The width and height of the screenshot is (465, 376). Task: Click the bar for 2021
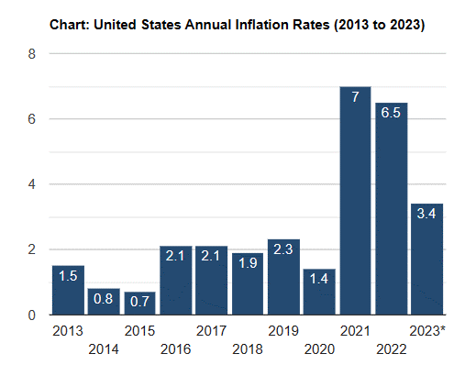pyautogui.click(x=355, y=201)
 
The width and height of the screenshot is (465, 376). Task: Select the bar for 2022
pyautogui.click(x=392, y=209)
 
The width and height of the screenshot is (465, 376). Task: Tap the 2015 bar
pyautogui.click(x=139, y=304)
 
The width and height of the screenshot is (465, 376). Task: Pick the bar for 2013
pyautogui.click(x=68, y=290)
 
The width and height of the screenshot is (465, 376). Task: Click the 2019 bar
pyautogui.click(x=283, y=277)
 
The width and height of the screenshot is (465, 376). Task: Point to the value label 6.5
pyautogui.click(x=391, y=113)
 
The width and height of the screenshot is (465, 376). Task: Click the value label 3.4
pyautogui.click(x=426, y=214)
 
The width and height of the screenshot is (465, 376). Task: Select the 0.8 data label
pyautogui.click(x=104, y=299)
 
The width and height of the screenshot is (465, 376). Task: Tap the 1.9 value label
pyautogui.click(x=248, y=263)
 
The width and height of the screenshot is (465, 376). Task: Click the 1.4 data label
pyautogui.click(x=319, y=279)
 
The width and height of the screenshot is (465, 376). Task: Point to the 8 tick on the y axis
pyautogui.click(x=32, y=54)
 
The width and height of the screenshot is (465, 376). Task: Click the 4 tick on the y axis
pyautogui.click(x=32, y=184)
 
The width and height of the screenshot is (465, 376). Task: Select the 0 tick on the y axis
pyautogui.click(x=32, y=315)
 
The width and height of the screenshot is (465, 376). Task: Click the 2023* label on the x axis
pyautogui.click(x=427, y=331)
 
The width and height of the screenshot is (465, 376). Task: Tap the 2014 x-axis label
pyautogui.click(x=104, y=349)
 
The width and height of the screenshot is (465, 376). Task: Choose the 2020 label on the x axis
pyautogui.click(x=319, y=349)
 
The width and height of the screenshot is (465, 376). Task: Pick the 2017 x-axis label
pyautogui.click(x=211, y=331)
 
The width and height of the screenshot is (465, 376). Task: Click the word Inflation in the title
pyautogui.click(x=262, y=25)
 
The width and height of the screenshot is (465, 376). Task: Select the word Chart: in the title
pyautogui.click(x=70, y=25)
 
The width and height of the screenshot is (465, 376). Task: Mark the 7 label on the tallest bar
pyautogui.click(x=355, y=97)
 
